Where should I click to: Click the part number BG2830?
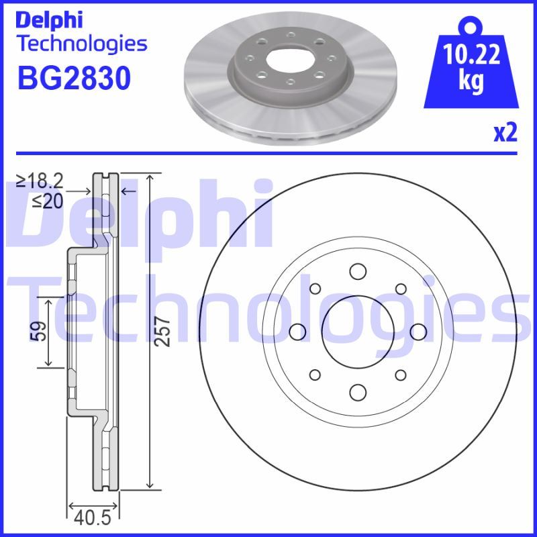tap(74, 78)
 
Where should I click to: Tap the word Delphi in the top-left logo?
tap(49, 21)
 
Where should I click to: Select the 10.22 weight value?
tap(471, 54)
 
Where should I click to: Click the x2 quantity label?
tap(505, 133)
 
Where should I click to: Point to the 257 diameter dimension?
tap(162, 332)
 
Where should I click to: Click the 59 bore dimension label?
tap(38, 331)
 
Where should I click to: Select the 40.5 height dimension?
tap(93, 518)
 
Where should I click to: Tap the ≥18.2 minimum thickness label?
tap(40, 181)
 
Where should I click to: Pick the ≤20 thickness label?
tap(48, 202)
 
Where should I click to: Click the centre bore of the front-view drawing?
tap(358, 332)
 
